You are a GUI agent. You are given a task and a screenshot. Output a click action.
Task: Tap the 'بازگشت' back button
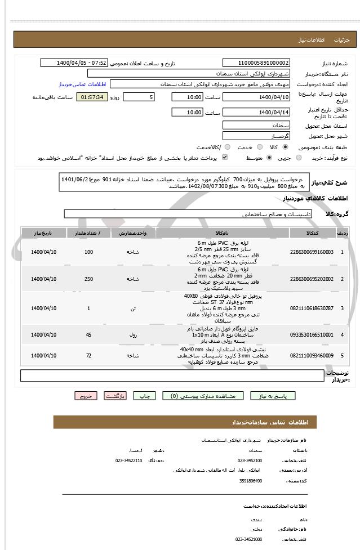(117, 396)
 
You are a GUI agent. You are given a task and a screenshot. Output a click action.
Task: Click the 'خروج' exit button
(86, 396)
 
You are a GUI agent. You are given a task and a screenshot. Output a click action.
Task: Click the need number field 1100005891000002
(256, 63)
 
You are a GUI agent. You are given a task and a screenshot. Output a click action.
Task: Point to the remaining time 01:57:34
(92, 97)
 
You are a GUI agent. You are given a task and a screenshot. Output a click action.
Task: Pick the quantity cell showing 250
(88, 279)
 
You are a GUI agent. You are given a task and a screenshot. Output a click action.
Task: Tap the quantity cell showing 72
(88, 355)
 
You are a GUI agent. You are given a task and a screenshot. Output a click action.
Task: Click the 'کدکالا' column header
(312, 232)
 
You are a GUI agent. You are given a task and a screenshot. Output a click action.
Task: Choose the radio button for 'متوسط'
(269, 158)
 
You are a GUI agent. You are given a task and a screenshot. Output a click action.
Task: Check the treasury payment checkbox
(225, 158)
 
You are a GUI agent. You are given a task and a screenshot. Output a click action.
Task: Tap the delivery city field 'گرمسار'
(256, 136)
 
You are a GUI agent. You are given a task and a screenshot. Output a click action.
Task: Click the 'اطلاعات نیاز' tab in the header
(313, 40)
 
